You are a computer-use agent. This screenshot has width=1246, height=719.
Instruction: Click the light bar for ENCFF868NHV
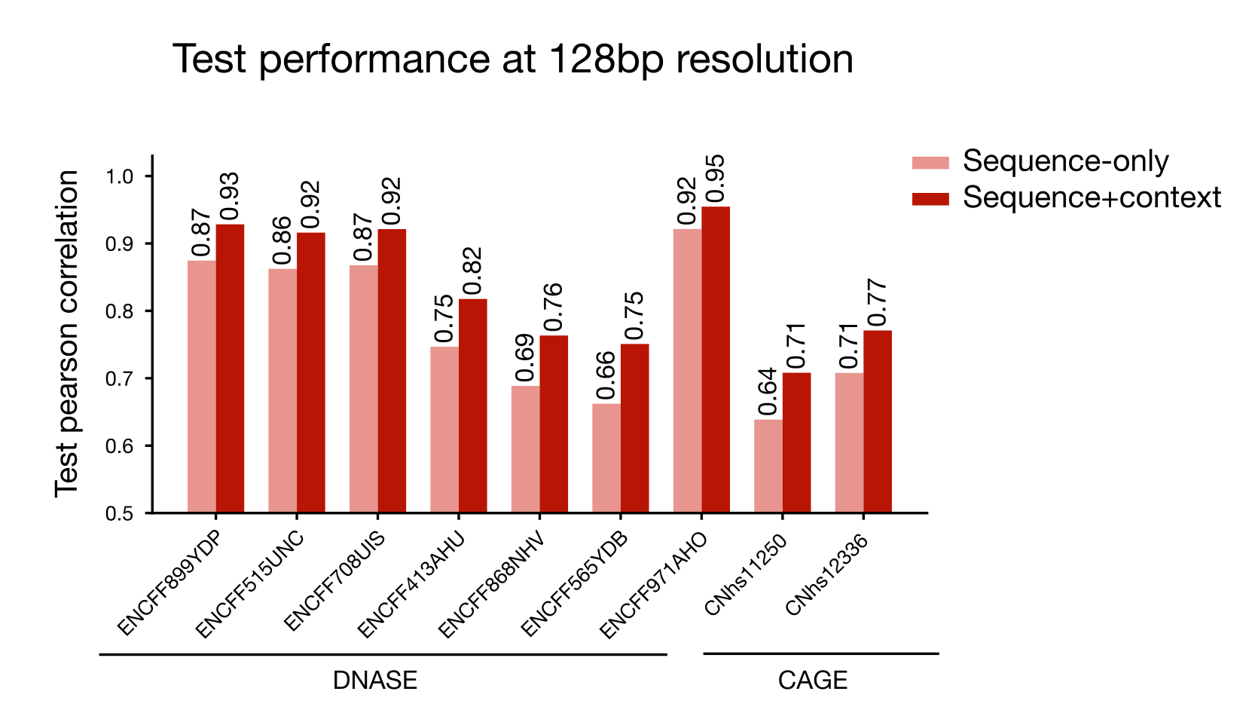click(525, 449)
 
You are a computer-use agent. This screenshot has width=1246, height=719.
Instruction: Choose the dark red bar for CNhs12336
click(878, 421)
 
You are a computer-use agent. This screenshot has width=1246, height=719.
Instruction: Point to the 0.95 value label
click(715, 179)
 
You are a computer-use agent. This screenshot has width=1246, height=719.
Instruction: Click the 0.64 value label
click(768, 392)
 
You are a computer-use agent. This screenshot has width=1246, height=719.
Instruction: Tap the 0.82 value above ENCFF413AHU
click(472, 271)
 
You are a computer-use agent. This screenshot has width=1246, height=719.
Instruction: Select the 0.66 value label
click(606, 376)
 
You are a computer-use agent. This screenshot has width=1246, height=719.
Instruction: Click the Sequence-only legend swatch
click(930, 163)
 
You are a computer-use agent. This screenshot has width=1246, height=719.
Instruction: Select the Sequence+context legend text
click(1092, 197)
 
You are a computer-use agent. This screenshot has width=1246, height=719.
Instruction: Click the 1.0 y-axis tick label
click(120, 176)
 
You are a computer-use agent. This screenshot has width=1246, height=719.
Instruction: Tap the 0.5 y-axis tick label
click(120, 513)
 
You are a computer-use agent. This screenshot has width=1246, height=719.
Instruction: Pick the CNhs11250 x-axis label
click(745, 574)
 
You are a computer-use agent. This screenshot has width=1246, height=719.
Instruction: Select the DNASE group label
click(375, 681)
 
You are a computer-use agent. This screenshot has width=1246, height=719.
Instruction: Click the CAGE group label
click(813, 681)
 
